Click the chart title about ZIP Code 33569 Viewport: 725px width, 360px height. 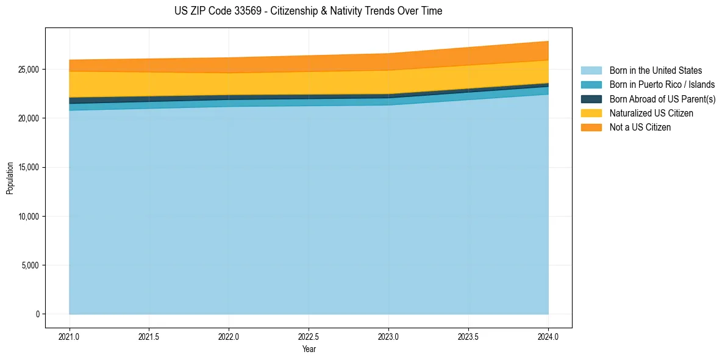point(309,11)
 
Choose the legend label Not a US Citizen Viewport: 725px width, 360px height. point(640,127)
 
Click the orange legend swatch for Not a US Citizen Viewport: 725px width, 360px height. point(591,127)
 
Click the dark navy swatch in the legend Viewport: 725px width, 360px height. point(591,99)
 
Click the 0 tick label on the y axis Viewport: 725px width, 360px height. point(37,314)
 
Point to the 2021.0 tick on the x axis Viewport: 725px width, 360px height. point(70,336)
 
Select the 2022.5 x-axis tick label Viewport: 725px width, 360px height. point(309,336)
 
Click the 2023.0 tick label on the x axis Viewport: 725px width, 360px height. point(388,336)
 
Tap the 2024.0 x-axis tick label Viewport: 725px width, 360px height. point(548,336)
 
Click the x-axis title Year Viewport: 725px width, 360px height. point(309,349)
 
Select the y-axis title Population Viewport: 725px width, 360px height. point(10,178)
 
